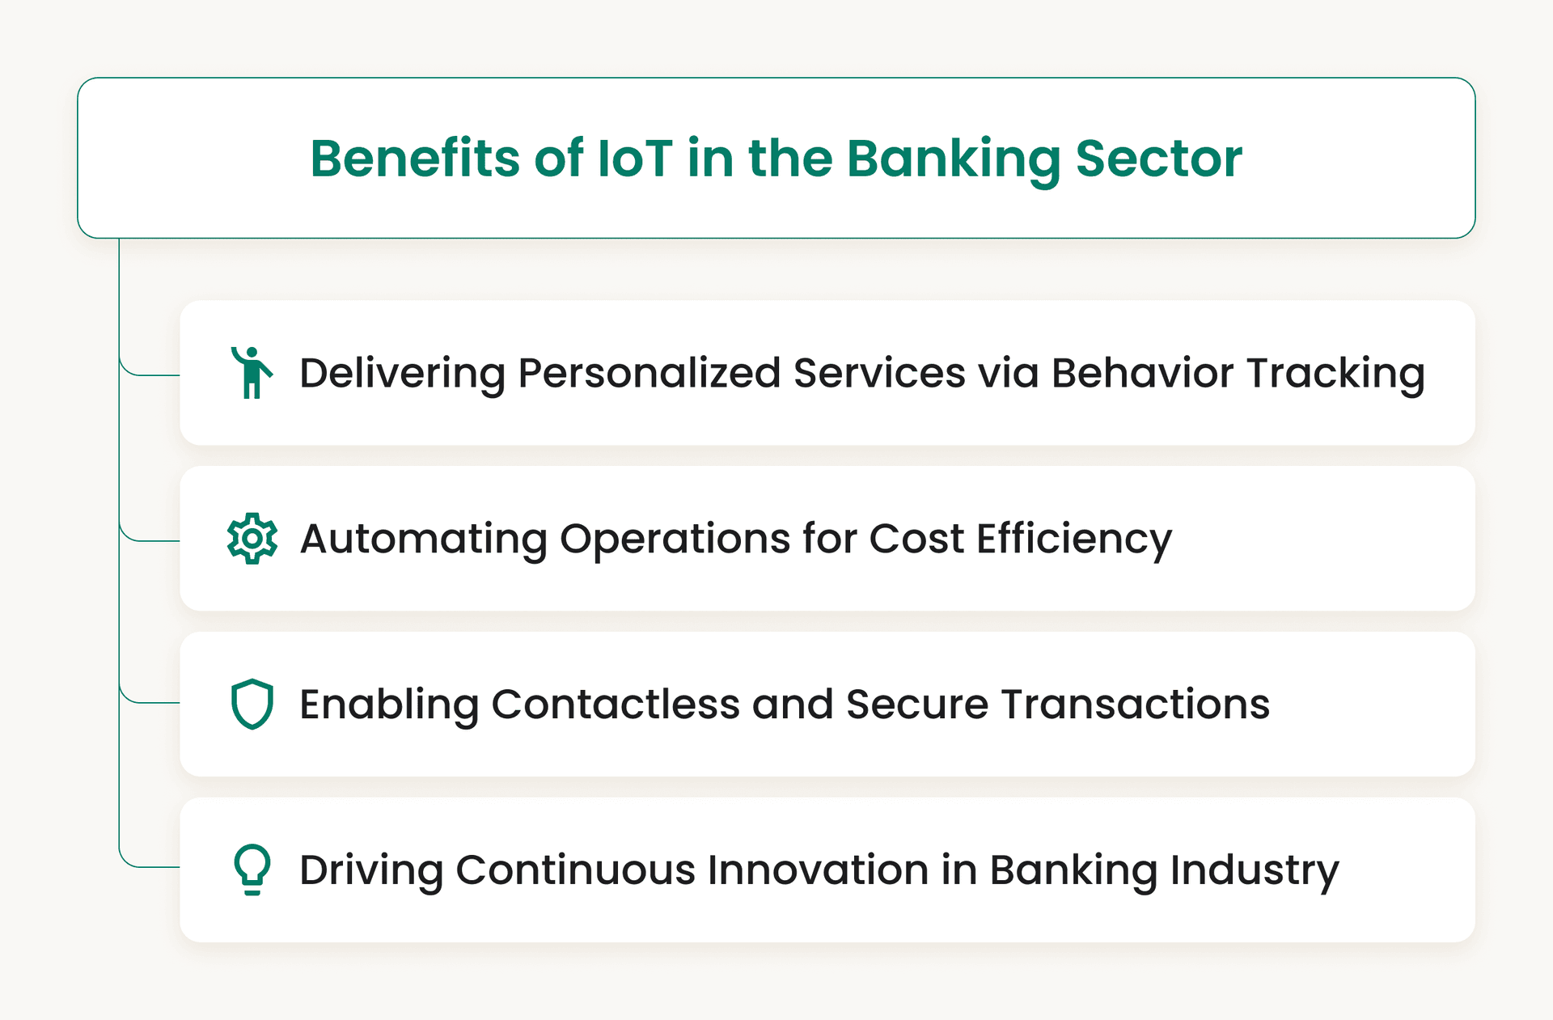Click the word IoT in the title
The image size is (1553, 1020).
click(x=634, y=158)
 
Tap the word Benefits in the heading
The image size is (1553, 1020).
click(x=414, y=158)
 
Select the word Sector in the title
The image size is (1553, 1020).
click(x=1158, y=158)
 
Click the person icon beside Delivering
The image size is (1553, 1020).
click(x=252, y=373)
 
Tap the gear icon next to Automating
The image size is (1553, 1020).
click(x=252, y=539)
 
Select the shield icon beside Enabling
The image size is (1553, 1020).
click(x=252, y=704)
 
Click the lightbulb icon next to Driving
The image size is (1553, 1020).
click(x=252, y=870)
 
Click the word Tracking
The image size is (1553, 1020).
click(x=1335, y=374)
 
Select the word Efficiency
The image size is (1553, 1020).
click(x=1073, y=540)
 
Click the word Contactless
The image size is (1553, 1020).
click(x=616, y=705)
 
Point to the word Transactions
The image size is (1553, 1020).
click(x=1136, y=705)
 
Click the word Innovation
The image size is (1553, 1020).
click(x=818, y=870)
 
